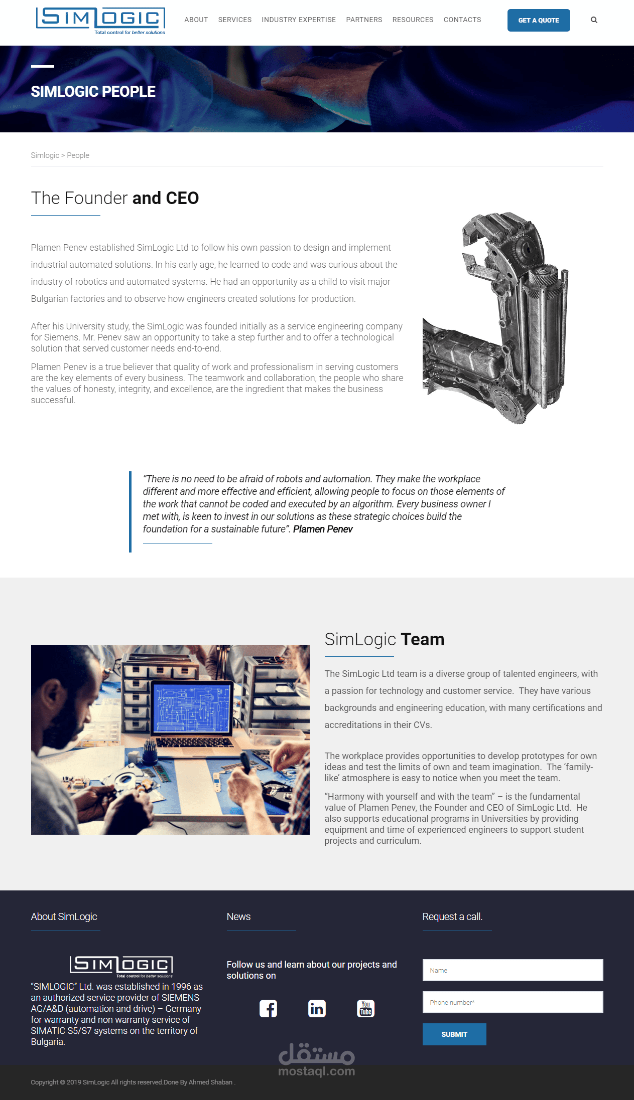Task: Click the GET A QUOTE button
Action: (538, 21)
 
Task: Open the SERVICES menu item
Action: (234, 20)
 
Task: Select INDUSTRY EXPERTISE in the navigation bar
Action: (299, 20)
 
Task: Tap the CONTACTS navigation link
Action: (462, 20)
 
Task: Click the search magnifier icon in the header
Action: (594, 20)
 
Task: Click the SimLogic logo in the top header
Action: (100, 21)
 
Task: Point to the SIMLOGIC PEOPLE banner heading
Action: (93, 92)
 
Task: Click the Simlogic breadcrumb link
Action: (45, 155)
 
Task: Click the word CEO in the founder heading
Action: (182, 199)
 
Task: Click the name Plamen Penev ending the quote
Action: (323, 529)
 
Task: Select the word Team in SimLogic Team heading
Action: (422, 640)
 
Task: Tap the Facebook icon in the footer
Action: (268, 1008)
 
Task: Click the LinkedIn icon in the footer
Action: (317, 1008)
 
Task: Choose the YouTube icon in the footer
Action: (365, 1008)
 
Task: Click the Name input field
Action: (512, 970)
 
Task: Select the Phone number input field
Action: (512, 1002)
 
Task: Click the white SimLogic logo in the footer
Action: (121, 965)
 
